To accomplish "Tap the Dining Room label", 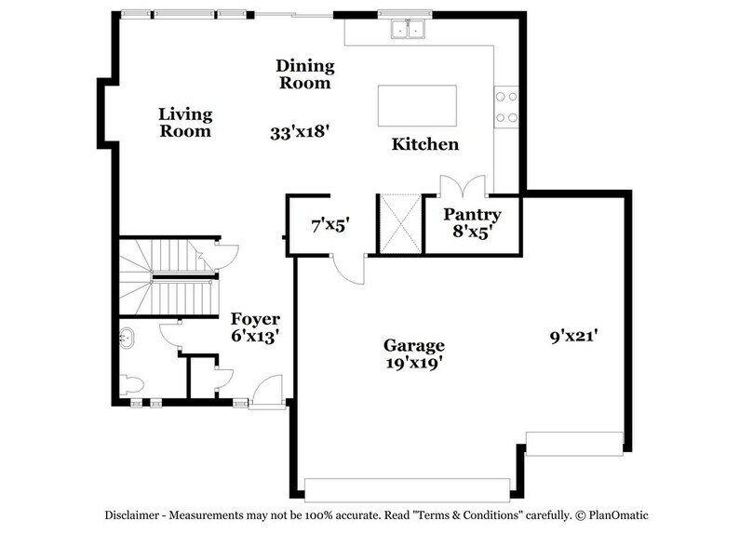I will point(303,74).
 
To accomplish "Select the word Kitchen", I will point(424,144).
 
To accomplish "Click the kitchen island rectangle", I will point(417,105).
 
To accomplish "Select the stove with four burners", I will point(507,105).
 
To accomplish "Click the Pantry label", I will point(472,215).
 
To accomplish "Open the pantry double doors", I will point(463,184).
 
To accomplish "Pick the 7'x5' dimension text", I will point(329,224).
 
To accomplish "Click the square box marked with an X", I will point(398,223).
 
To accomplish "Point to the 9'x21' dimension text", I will point(572,337).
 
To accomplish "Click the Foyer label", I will point(255,319).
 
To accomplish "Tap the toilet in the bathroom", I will point(131,385).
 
